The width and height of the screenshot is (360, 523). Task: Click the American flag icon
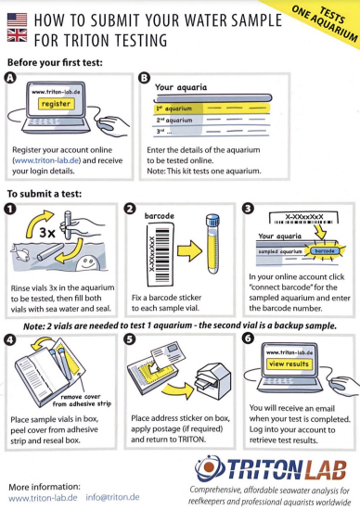(x=17, y=19)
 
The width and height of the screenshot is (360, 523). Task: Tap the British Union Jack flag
(x=17, y=35)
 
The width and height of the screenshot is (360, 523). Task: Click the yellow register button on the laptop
(x=56, y=104)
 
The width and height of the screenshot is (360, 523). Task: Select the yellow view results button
(x=289, y=364)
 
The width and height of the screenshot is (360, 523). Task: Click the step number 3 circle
(x=249, y=209)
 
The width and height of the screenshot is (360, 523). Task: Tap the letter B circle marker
(x=144, y=78)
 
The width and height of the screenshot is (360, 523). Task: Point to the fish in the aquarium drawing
(x=19, y=253)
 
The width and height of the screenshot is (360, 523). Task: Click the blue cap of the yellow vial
(x=212, y=221)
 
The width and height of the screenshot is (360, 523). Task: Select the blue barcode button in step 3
(x=325, y=250)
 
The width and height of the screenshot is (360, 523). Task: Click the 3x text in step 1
(x=47, y=233)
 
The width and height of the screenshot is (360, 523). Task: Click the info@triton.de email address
(x=112, y=497)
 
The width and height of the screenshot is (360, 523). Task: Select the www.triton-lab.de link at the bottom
(x=43, y=498)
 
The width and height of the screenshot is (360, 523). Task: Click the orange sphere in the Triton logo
(x=209, y=467)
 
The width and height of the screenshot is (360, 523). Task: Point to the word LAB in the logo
(x=326, y=470)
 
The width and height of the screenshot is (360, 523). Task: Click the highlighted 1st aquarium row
(x=212, y=108)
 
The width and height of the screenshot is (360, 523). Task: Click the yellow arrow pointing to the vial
(x=189, y=250)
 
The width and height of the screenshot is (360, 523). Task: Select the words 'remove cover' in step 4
(x=81, y=397)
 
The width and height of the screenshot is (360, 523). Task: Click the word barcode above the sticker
(x=160, y=216)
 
